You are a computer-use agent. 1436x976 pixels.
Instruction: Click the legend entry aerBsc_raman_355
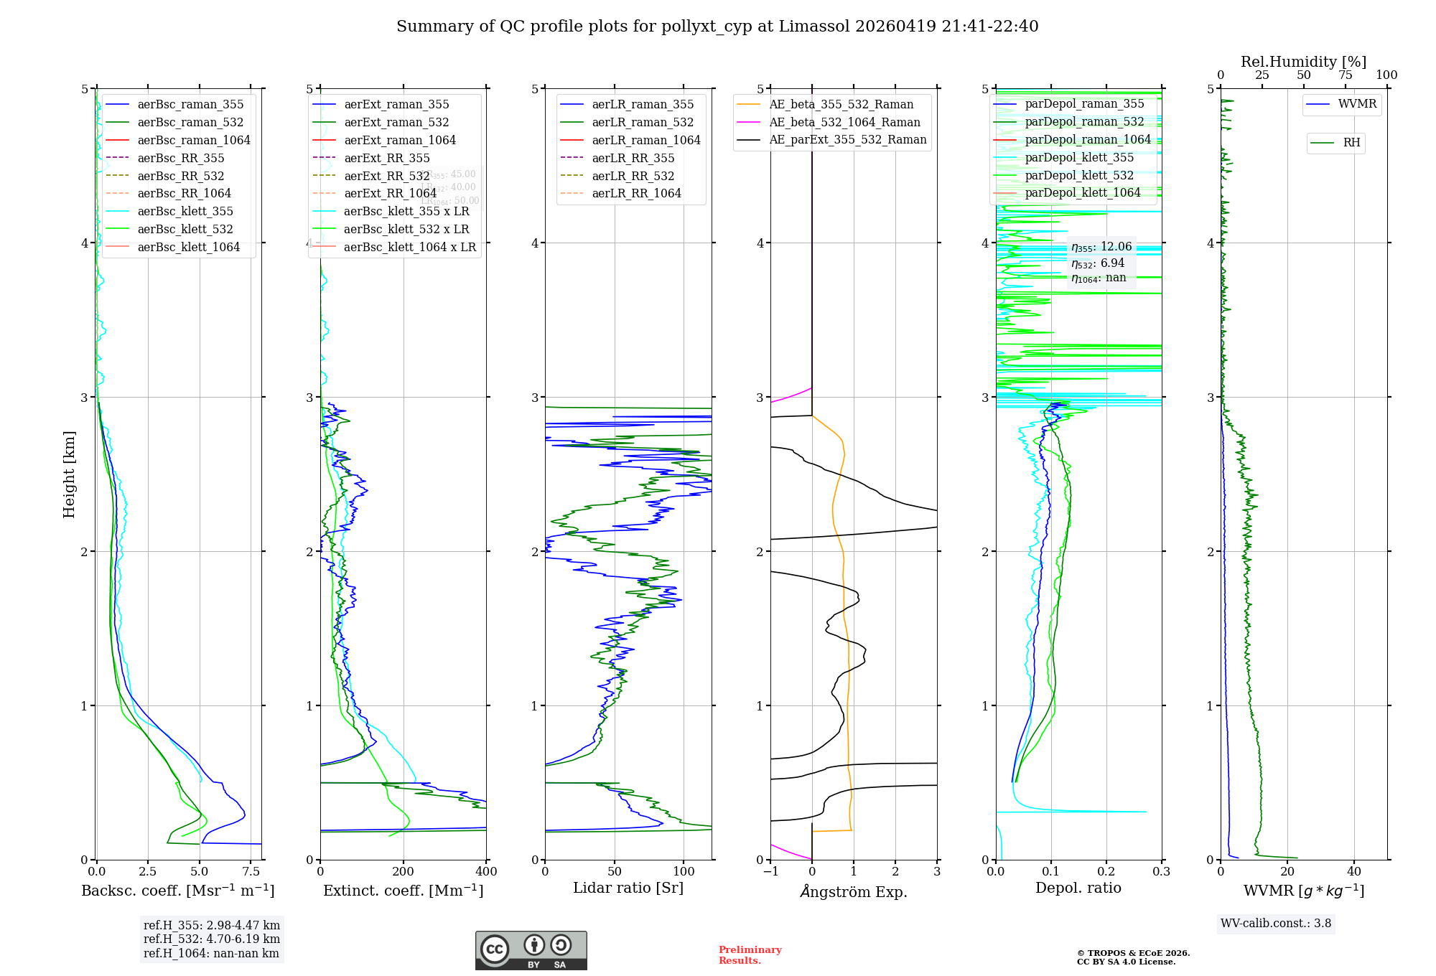pos(190,105)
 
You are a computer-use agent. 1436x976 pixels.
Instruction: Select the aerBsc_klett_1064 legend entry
pos(188,248)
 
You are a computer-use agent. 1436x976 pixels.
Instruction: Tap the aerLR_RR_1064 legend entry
pos(636,194)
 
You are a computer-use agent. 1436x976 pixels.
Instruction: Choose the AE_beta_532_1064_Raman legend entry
pos(844,123)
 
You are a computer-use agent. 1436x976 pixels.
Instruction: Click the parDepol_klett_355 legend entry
pos(1079,158)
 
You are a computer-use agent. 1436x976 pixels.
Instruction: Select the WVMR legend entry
pos(1357,104)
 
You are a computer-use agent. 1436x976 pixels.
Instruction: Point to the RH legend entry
pos(1351,143)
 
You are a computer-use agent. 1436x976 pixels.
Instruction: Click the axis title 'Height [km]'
pos(69,474)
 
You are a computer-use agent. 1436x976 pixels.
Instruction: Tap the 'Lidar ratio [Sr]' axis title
pos(628,888)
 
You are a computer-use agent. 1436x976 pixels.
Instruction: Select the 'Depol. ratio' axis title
pos(1078,888)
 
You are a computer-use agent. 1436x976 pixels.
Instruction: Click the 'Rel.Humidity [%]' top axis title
pos(1303,62)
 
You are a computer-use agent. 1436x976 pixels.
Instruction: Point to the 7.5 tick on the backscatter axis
pos(251,872)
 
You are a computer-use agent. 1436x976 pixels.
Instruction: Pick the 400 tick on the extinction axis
pos(486,872)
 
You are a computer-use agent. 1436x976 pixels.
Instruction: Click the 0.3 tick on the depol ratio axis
pos(1161,872)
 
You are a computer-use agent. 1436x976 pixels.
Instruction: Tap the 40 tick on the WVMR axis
pos(1353,872)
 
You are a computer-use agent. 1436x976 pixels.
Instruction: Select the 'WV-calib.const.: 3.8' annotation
pos(1276,924)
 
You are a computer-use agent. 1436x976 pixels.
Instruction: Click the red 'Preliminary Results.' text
pos(750,955)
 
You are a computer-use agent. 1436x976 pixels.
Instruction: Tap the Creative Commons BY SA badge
pos(531,951)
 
